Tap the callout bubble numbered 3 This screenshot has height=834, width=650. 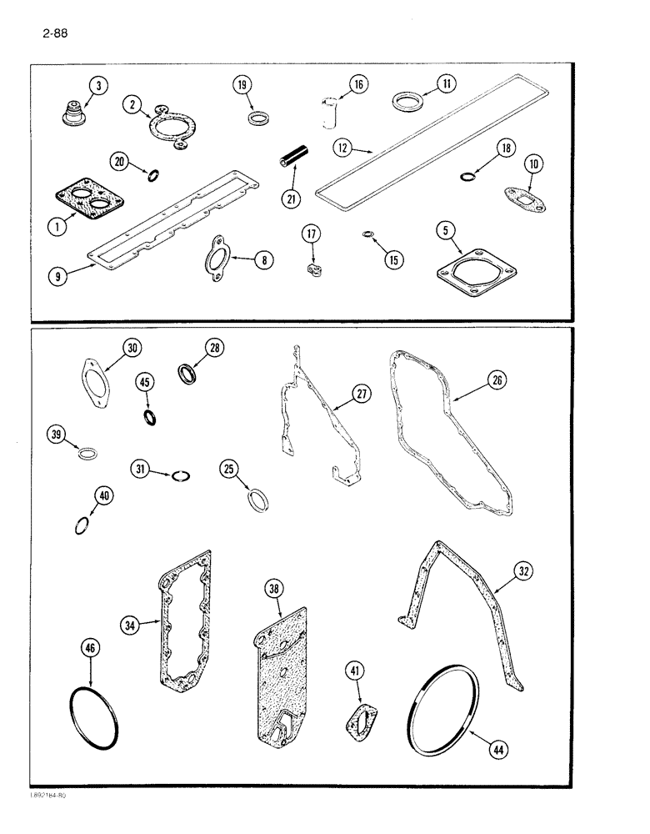click(98, 87)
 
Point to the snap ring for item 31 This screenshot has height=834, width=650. click(182, 476)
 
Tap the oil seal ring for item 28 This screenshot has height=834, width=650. click(190, 374)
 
